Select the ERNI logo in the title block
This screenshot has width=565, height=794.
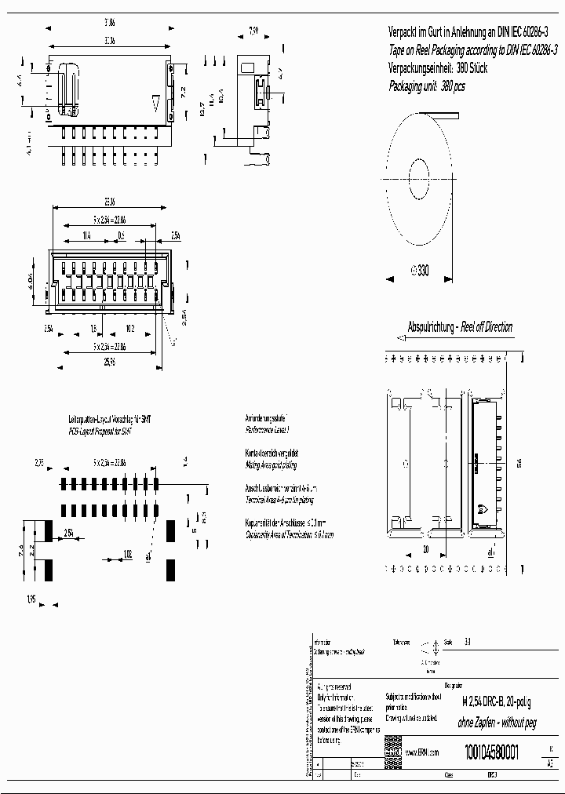(x=392, y=752)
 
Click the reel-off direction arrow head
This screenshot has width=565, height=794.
(x=401, y=338)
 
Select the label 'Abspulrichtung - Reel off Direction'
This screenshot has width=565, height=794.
(x=460, y=326)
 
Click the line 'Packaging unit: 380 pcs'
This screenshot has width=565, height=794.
(x=427, y=86)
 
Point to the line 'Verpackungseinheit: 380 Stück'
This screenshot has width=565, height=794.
(x=438, y=68)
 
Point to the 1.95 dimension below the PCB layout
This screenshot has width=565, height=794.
(x=31, y=599)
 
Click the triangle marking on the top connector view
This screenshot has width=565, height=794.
(x=157, y=102)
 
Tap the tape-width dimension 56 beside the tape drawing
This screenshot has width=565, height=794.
(x=519, y=464)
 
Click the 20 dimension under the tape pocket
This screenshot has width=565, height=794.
(x=425, y=549)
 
